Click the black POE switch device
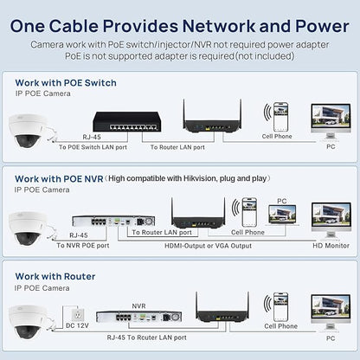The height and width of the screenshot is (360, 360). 127,121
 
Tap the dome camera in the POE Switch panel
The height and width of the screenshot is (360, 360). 27,131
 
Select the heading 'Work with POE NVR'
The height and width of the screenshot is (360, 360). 59,179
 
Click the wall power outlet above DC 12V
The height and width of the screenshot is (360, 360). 78,314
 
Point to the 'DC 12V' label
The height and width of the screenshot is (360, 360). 77,325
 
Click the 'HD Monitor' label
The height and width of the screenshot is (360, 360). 331,246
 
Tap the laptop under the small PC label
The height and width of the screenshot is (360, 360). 282,215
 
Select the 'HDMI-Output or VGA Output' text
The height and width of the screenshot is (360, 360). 208,246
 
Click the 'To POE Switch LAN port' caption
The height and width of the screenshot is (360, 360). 93,147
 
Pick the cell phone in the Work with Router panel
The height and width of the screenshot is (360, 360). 280,307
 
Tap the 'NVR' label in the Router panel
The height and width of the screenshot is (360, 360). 138,305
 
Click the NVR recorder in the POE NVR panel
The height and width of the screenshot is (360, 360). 113,221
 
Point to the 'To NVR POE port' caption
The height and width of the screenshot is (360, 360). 83,246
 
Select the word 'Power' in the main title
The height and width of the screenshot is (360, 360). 322,26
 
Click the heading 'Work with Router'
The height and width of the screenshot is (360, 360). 55,276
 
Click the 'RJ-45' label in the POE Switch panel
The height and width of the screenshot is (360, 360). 92,137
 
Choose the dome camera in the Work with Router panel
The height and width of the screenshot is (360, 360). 27,322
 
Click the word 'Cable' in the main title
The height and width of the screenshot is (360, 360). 74,26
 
